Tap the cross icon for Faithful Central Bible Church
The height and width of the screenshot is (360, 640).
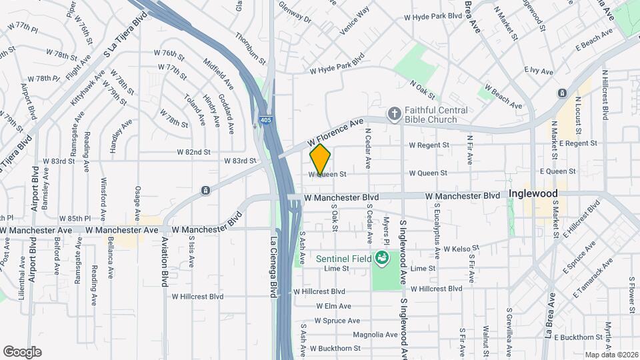click(x=394, y=114)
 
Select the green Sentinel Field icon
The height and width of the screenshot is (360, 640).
click(x=382, y=257)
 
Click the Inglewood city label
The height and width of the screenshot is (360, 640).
click(x=533, y=193)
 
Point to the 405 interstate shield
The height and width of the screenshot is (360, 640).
click(x=257, y=123)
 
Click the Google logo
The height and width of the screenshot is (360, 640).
click(x=22, y=351)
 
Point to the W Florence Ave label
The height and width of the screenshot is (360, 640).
click(x=335, y=133)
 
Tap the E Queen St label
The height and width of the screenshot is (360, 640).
click(x=558, y=171)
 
